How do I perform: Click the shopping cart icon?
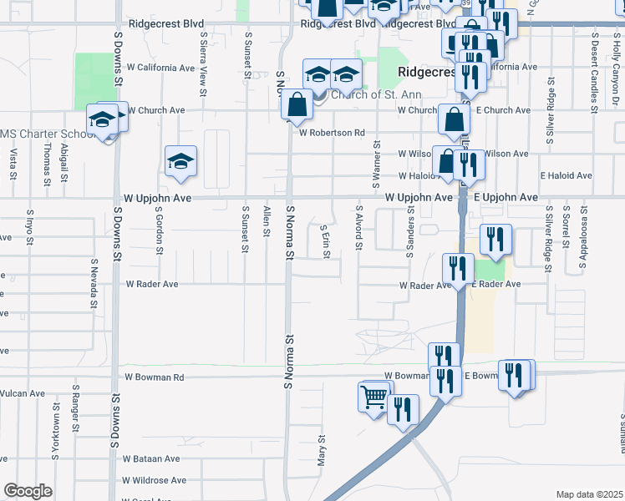(x=373, y=395)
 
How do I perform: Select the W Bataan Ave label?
(x=151, y=458)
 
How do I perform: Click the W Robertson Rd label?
(x=332, y=132)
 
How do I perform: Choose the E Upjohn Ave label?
(x=506, y=197)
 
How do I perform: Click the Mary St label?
(x=321, y=450)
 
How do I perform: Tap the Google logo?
(x=28, y=491)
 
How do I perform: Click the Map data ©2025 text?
(x=588, y=494)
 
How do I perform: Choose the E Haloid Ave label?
(x=566, y=175)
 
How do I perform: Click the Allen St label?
(x=267, y=221)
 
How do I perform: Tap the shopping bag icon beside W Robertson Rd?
(x=297, y=106)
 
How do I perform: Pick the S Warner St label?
(x=374, y=161)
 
